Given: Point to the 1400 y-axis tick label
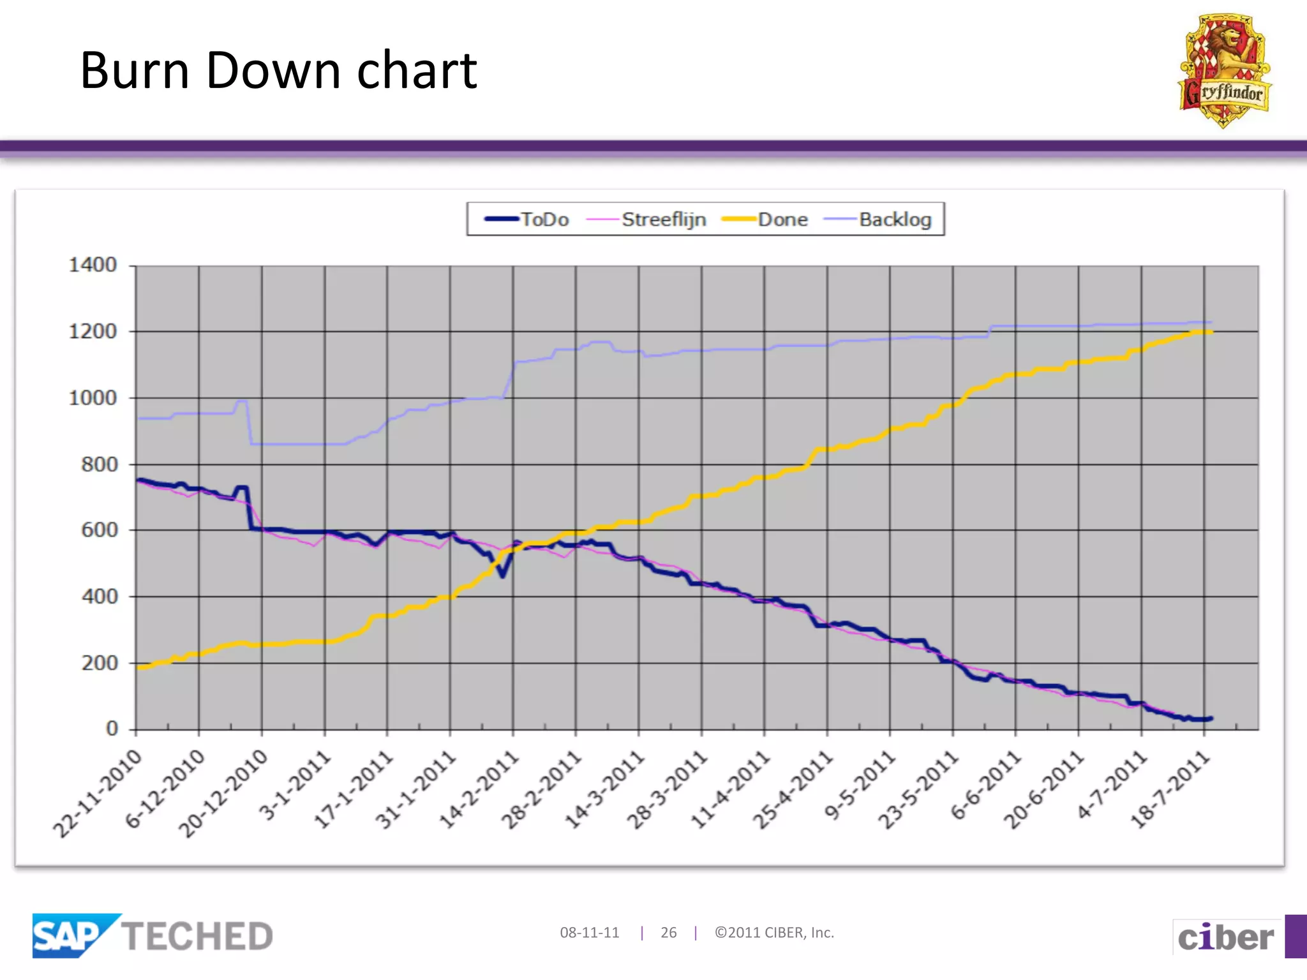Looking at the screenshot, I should tap(93, 265).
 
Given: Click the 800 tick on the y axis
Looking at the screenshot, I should tap(99, 464).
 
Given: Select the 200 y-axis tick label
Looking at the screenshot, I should tap(99, 663).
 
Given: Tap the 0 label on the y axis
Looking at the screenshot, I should tap(112, 729).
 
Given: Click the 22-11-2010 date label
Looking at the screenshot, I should tap(98, 794).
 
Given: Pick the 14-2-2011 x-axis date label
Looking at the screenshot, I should tap(479, 791).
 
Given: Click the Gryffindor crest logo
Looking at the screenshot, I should tap(1224, 71).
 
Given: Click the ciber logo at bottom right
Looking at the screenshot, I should tap(1225, 937).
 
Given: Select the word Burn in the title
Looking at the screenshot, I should tap(135, 70).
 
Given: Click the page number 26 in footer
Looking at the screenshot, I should tap(668, 933).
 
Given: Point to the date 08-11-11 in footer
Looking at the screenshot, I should tap(589, 933).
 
